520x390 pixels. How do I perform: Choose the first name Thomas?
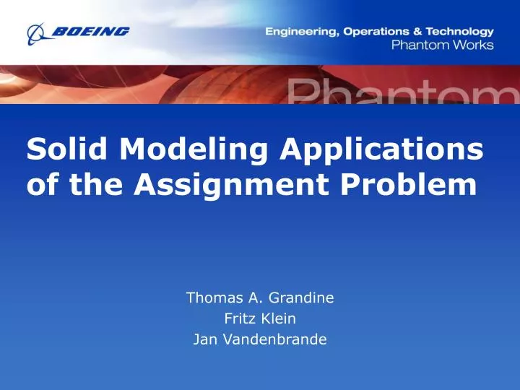pos(215,296)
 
